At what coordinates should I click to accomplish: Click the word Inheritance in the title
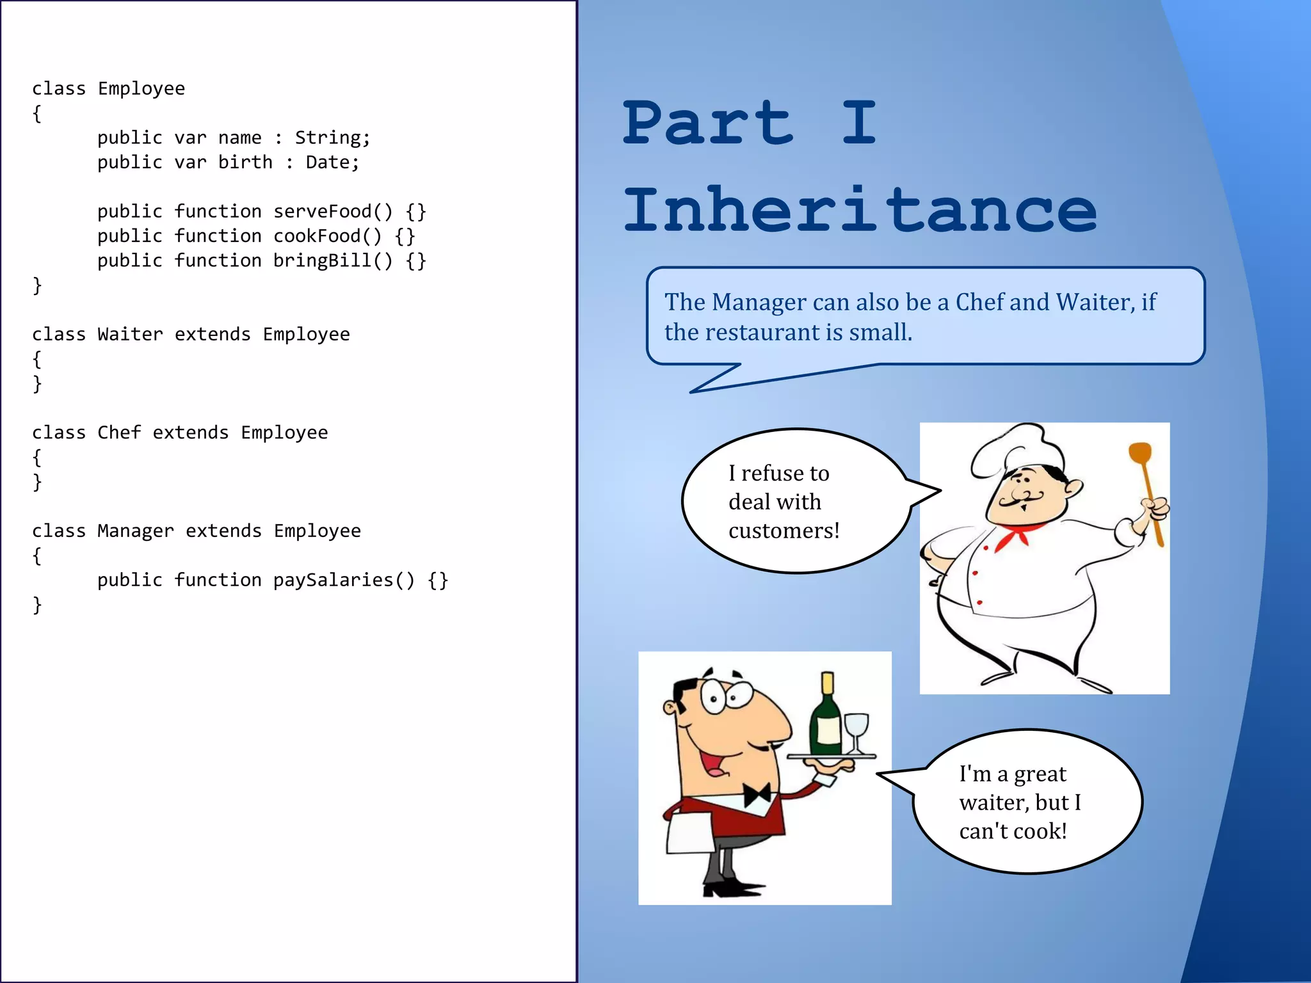860,210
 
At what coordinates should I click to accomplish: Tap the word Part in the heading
709,123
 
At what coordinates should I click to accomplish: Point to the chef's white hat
1018,448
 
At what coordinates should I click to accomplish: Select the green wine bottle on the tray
826,720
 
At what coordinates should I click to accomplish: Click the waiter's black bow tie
757,795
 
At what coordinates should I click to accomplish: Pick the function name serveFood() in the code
333,211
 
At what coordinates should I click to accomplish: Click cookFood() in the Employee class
327,236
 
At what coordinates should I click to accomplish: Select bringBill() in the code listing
333,260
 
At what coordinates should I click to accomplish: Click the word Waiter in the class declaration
130,334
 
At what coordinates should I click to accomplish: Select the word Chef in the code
119,433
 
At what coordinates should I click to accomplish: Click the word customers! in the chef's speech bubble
784,531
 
